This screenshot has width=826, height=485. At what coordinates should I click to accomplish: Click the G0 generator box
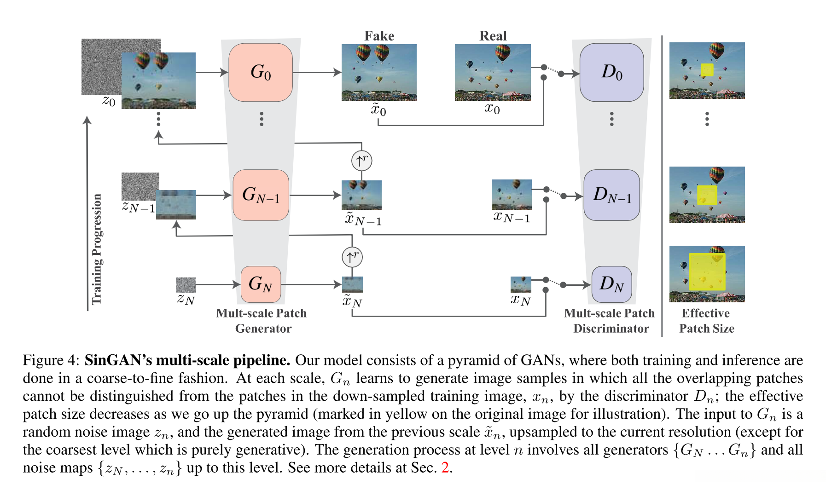coord(261,72)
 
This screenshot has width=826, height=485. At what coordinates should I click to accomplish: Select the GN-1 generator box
coord(261,195)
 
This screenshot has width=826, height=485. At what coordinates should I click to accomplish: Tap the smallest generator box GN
coord(261,284)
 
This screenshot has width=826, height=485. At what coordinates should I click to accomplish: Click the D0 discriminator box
coord(611,72)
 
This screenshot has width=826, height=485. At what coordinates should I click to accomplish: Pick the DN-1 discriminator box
coord(611,195)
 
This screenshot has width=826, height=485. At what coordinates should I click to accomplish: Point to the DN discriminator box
coord(611,284)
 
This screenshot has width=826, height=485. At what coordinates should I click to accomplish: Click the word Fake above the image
coord(379,36)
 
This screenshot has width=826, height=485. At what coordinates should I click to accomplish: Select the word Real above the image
coord(493,36)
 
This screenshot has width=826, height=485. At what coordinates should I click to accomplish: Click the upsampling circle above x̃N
coord(352,257)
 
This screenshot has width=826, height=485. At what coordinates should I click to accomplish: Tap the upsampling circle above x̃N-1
coord(361,161)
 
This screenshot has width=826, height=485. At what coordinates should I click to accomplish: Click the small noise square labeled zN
coord(186,285)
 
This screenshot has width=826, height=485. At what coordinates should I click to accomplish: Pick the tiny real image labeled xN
coord(521,284)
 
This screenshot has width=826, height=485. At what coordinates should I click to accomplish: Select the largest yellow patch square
coord(707,271)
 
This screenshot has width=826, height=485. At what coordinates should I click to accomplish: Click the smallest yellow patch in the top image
coord(707,70)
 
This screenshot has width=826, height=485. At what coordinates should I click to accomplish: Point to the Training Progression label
coord(97,249)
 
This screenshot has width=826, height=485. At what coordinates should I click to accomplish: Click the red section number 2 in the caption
coord(445,468)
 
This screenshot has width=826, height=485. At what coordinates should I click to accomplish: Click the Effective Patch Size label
coord(706,321)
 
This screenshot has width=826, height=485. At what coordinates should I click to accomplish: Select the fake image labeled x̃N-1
coord(361,195)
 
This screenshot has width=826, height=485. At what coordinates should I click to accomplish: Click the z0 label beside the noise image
coord(109,101)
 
